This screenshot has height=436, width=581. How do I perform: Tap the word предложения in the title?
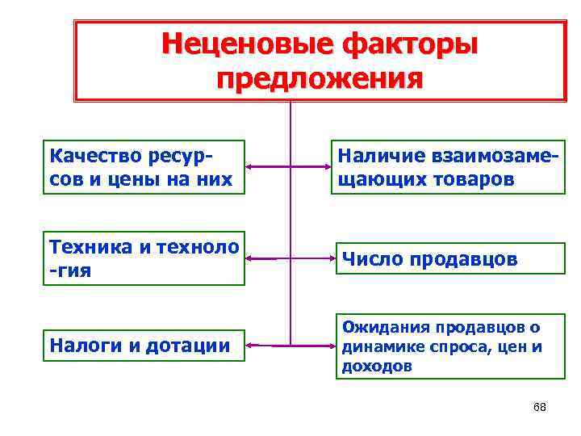[x=320, y=79]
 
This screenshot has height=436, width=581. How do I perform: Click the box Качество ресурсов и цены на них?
[x=143, y=166]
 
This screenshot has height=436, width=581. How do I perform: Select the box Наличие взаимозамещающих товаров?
[x=447, y=166]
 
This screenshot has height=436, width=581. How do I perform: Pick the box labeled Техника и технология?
[x=143, y=258]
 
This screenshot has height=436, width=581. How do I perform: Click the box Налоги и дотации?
[x=143, y=346]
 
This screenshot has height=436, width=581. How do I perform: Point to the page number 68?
[x=540, y=407]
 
